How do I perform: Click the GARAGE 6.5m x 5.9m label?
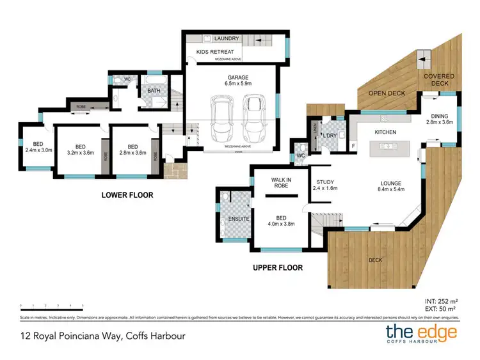pyautogui.click(x=234, y=79)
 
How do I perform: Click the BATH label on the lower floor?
pyautogui.click(x=154, y=91)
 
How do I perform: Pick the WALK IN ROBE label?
pyautogui.click(x=280, y=182)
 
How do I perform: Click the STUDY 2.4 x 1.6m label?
pyautogui.click(x=325, y=185)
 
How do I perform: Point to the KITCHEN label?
pyautogui.click(x=385, y=132)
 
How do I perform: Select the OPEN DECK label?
pyautogui.click(x=387, y=93)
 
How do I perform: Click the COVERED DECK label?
pyautogui.click(x=439, y=79)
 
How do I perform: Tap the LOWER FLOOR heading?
pyautogui.click(x=127, y=195)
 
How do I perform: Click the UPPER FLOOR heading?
pyautogui.click(x=277, y=268)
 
